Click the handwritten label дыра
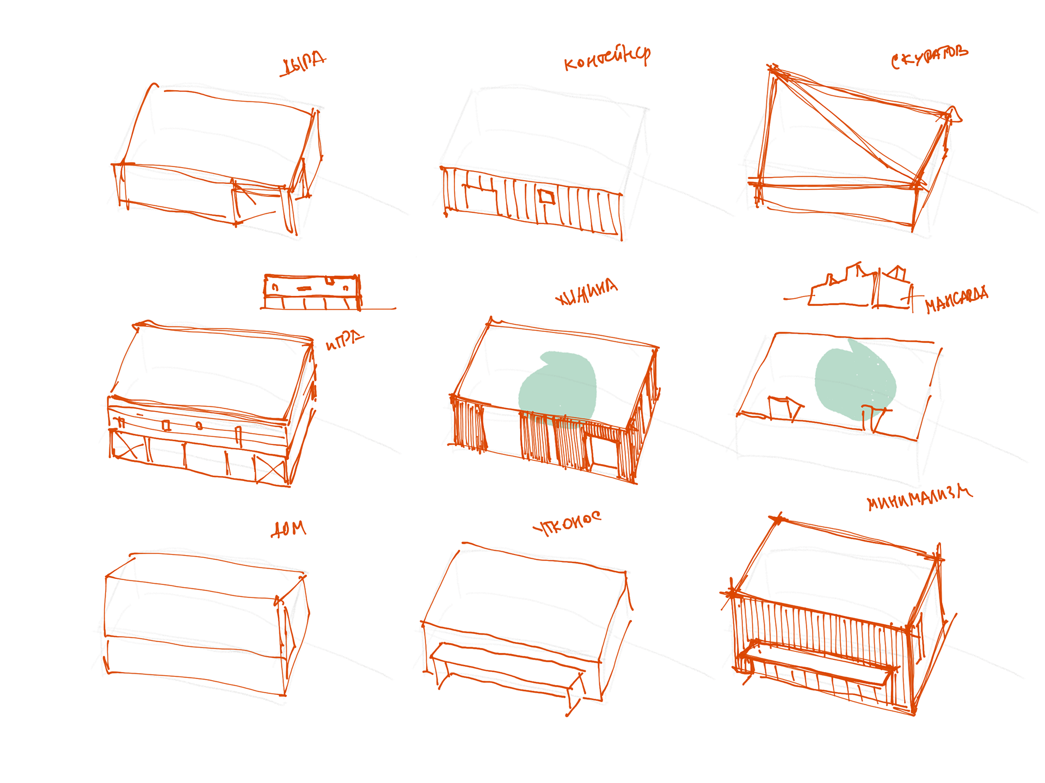(x=303, y=64)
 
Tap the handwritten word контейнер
(x=607, y=58)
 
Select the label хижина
(x=586, y=292)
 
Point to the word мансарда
(x=957, y=299)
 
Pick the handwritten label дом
(x=289, y=529)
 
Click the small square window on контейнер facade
(x=546, y=197)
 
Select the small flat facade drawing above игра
(x=312, y=292)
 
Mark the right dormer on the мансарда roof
(x=875, y=416)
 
